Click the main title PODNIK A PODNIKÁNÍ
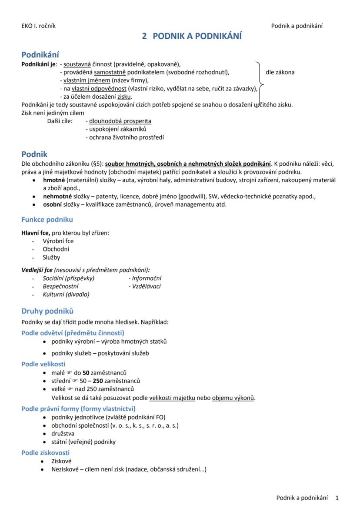[192, 36]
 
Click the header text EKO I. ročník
[38, 26]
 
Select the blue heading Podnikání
[40, 55]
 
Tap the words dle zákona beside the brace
[280, 72]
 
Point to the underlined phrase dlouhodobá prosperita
[120, 121]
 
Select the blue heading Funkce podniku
[47, 219]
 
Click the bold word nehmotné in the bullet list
[57, 196]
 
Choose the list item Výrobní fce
[58, 241]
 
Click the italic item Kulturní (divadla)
[66, 295]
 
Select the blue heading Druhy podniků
[47, 311]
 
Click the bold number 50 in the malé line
[86, 372]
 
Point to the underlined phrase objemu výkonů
[233, 398]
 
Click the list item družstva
[63, 433]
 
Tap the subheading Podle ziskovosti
[45, 453]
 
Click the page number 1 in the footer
[337, 498]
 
